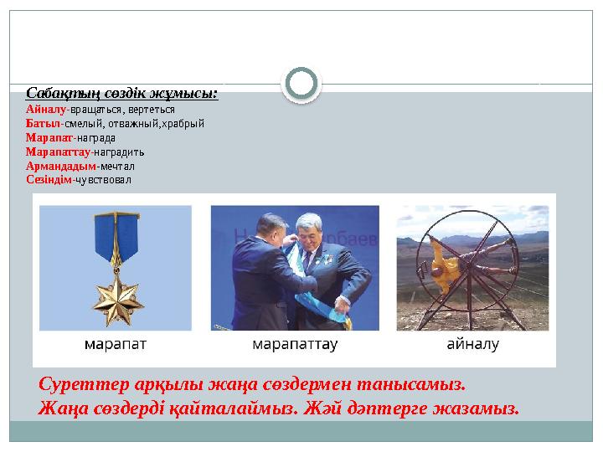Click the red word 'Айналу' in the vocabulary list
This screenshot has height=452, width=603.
46,109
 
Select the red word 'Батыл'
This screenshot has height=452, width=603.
44,123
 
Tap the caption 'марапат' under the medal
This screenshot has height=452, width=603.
116,344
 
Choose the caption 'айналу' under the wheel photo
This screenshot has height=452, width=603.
472,344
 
